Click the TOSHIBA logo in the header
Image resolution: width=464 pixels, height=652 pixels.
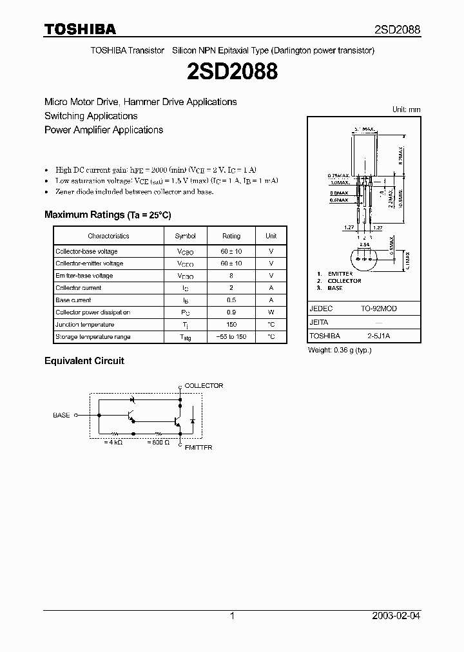[80, 29]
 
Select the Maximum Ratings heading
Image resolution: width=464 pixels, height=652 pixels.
[108, 215]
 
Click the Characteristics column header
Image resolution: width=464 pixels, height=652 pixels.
[108, 236]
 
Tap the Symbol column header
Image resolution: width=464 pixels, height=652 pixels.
[185, 236]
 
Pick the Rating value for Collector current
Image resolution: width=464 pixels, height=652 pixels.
[231, 288]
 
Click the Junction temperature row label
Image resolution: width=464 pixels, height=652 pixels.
[84, 325]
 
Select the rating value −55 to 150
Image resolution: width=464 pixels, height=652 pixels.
[231, 337]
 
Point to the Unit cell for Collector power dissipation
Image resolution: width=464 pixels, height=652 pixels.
[271, 312]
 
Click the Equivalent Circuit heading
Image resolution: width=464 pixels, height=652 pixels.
[84, 361]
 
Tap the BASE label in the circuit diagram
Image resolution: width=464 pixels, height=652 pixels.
[61, 416]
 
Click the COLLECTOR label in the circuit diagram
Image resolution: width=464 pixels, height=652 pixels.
[204, 386]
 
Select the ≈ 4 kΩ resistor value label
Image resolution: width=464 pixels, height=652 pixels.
[114, 443]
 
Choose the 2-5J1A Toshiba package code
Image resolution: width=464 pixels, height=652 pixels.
[378, 336]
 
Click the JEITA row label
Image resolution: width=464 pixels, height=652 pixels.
[319, 322]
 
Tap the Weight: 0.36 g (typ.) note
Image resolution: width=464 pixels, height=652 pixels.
[340, 350]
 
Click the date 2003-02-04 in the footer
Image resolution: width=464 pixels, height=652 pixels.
[396, 616]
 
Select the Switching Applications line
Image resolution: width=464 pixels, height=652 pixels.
[91, 116]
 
